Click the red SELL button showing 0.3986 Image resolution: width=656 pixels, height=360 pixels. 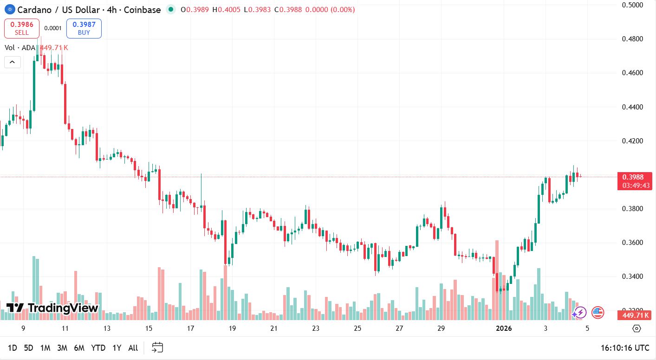tap(22, 28)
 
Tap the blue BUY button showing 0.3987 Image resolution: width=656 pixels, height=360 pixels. tap(84, 28)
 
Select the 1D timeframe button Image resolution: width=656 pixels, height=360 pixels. tap(13, 348)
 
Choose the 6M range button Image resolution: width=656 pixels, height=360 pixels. tap(79, 348)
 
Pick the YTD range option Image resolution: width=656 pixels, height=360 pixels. tap(98, 348)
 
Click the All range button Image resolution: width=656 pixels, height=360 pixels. tap(133, 348)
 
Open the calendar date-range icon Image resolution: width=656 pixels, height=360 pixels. tap(157, 347)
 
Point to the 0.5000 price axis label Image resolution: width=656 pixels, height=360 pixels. tap(632, 5)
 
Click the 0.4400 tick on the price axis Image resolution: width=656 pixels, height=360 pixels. tap(632, 107)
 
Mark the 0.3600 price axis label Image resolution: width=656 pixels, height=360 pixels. tap(632, 243)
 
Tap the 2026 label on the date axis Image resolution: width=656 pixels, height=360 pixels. tap(504, 328)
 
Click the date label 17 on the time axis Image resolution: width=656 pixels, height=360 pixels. tap(190, 328)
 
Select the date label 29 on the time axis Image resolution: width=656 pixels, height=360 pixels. tap(441, 328)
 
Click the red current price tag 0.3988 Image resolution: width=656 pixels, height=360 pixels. tap(634, 177)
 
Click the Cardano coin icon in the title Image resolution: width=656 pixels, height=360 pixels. tap(9, 9)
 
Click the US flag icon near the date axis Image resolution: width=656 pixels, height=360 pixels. tap(598, 313)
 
